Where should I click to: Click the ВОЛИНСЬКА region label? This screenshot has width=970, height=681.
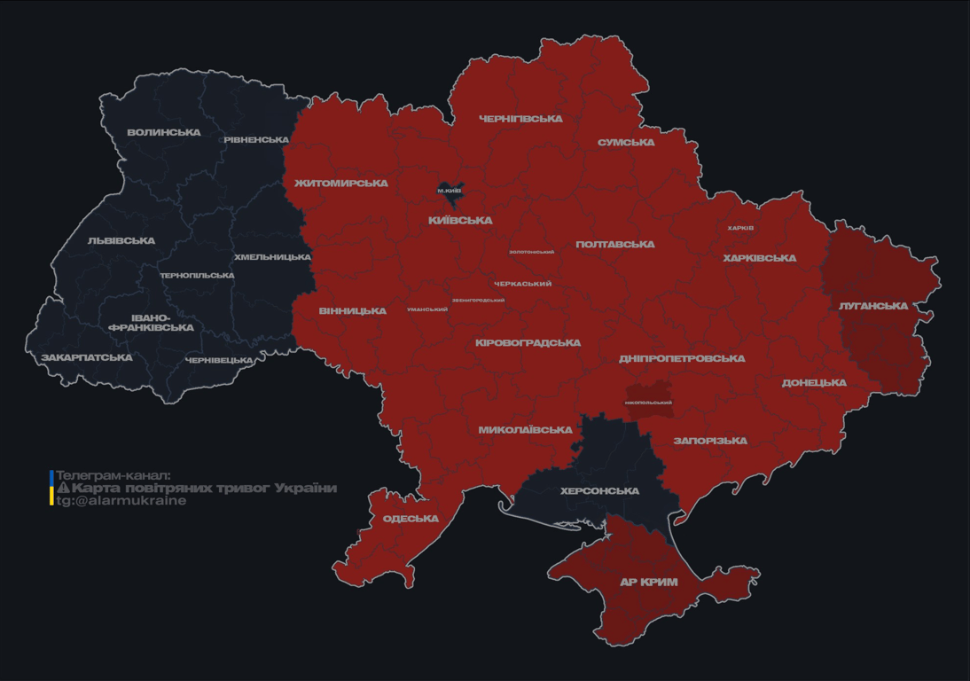[164, 133]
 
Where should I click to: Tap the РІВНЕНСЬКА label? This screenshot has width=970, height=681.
[256, 140]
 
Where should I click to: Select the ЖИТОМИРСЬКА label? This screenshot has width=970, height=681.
[341, 184]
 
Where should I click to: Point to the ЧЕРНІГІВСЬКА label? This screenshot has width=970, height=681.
[520, 119]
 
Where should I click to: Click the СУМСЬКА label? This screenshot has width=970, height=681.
[626, 143]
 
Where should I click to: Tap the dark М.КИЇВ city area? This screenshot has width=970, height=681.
[450, 191]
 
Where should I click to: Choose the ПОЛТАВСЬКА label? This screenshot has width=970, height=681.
[615, 245]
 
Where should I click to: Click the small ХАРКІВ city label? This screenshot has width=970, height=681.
[740, 228]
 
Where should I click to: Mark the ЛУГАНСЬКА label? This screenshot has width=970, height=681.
[873, 306]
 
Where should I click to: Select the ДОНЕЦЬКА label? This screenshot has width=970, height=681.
[814, 383]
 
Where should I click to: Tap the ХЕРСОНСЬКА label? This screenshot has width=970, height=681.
[599, 491]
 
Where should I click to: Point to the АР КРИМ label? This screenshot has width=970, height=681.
[648, 583]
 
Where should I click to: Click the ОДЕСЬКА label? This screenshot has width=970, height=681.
[411, 519]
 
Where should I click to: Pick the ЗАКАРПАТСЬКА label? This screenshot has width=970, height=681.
[87, 358]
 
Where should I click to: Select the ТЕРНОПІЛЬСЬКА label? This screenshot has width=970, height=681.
[197, 276]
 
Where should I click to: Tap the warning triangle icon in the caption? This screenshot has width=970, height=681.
[63, 489]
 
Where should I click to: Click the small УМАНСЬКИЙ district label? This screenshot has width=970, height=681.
[427, 309]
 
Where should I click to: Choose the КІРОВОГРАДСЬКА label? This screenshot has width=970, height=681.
[528, 343]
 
